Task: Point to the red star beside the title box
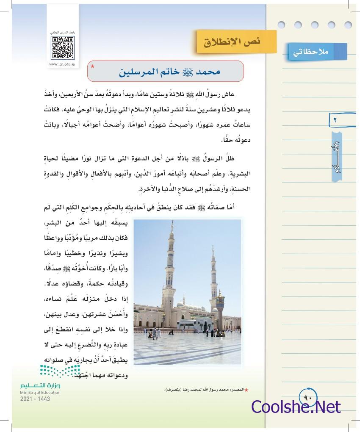(93, 67)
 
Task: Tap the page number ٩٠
(308, 398)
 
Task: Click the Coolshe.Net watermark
(296, 407)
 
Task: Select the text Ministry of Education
(40, 393)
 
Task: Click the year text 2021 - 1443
(35, 399)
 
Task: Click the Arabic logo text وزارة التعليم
(40, 386)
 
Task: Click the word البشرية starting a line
(234, 174)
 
